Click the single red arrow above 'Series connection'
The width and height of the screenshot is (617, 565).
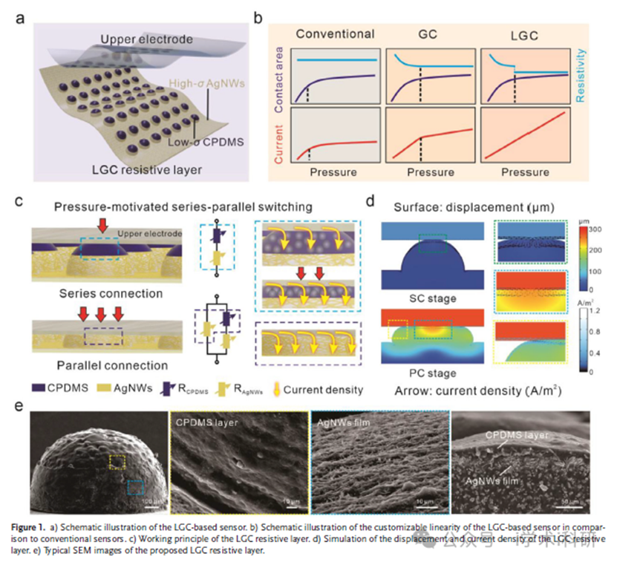[102, 223]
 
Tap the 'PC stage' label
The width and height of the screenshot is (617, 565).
[432, 371]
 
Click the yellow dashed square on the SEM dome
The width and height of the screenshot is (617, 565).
[116, 462]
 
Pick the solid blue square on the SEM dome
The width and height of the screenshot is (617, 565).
[136, 487]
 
